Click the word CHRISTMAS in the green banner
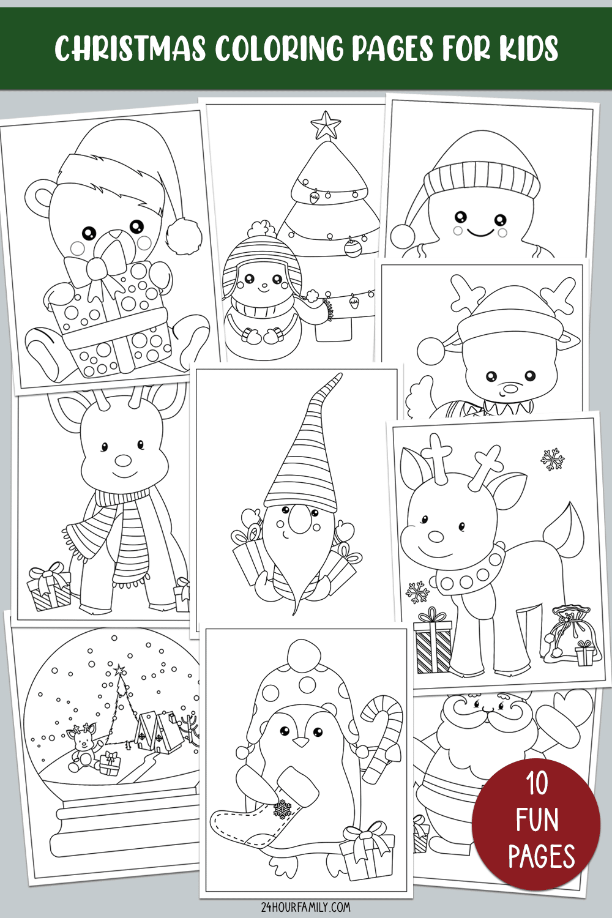pos(130,48)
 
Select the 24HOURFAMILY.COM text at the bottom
pos(306,906)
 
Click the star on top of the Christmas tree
pos(326,125)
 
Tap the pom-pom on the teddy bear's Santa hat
pos(184,236)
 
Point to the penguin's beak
pos(301,742)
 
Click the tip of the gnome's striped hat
pos(340,375)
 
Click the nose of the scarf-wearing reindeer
pos(122,460)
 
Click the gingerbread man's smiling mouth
pos(480,234)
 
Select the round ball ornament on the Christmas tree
pos(352,248)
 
